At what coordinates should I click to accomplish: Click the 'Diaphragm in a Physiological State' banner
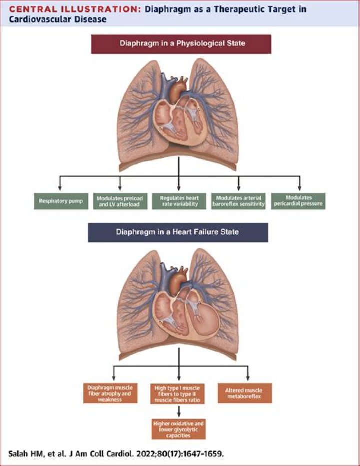click(x=181, y=43)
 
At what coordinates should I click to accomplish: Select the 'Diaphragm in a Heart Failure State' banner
click(x=178, y=232)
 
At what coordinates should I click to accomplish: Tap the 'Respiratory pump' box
click(x=61, y=201)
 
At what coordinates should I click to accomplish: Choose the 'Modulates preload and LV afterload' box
click(x=120, y=201)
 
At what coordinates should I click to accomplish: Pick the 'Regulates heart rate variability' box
click(x=179, y=201)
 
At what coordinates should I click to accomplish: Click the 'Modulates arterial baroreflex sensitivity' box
click(x=238, y=201)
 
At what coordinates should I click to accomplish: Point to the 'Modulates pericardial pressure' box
click(x=298, y=201)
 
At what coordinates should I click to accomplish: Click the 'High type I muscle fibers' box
click(x=179, y=393)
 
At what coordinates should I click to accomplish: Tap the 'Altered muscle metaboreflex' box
click(x=247, y=393)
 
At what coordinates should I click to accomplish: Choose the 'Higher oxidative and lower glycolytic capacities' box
click(x=179, y=429)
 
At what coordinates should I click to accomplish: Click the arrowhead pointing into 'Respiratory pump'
click(x=61, y=187)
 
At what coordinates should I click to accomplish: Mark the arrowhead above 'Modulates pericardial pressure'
click(x=299, y=187)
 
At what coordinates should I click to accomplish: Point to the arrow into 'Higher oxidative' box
click(x=179, y=414)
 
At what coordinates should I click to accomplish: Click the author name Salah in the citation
click(x=20, y=454)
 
